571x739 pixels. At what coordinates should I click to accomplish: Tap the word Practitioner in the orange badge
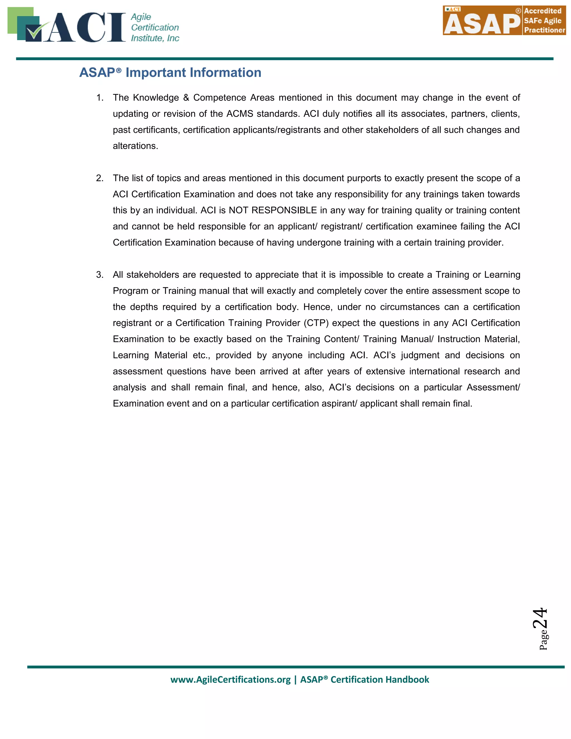[544, 30]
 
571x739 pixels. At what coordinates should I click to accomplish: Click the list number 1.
[100, 98]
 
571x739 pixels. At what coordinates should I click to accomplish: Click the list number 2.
[100, 178]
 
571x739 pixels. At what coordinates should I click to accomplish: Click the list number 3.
[100, 275]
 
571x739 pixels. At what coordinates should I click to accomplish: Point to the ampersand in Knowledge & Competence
[186, 98]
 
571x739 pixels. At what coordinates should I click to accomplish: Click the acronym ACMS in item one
[239, 114]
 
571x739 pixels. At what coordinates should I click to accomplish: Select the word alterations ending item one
[135, 146]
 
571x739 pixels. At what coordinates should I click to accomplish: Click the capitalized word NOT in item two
[238, 211]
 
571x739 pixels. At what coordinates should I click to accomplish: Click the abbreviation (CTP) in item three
[316, 323]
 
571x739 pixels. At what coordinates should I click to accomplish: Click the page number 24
[540, 618]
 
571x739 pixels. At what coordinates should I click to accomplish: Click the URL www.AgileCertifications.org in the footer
[230, 680]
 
